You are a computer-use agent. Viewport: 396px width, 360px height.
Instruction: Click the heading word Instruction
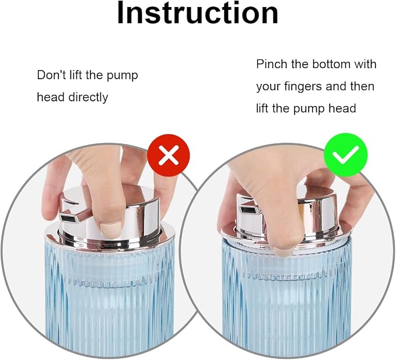tap(198, 13)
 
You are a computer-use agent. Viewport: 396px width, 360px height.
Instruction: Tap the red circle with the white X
tap(169, 155)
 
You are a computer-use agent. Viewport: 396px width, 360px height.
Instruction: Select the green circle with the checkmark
tap(346, 154)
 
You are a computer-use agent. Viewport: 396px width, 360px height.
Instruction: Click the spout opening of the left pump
tap(68, 218)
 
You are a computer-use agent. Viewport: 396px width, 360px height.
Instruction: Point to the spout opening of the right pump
tap(247, 209)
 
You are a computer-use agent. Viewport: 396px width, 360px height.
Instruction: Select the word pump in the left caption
tap(122, 76)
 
